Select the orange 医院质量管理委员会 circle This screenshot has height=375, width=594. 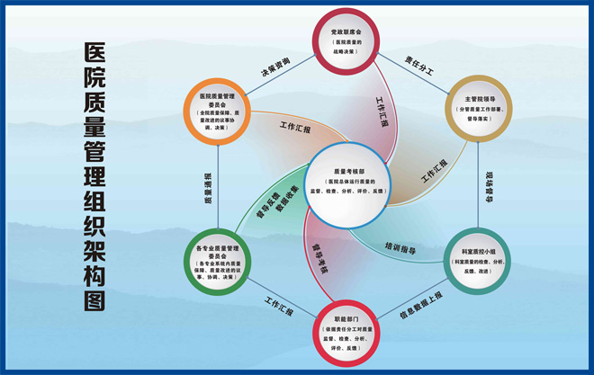pos(217,111)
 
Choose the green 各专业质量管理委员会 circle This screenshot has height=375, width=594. pos(217,257)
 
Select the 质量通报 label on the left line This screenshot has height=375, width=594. pos(209,184)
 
